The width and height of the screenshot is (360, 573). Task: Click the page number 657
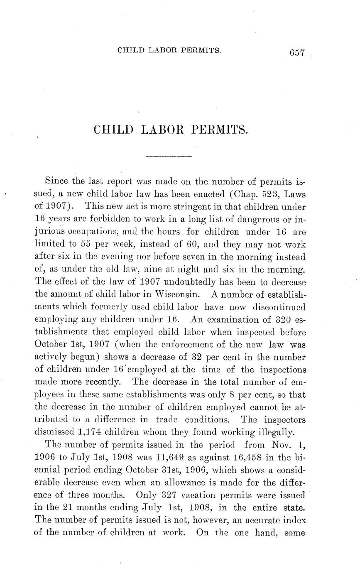click(298, 53)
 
